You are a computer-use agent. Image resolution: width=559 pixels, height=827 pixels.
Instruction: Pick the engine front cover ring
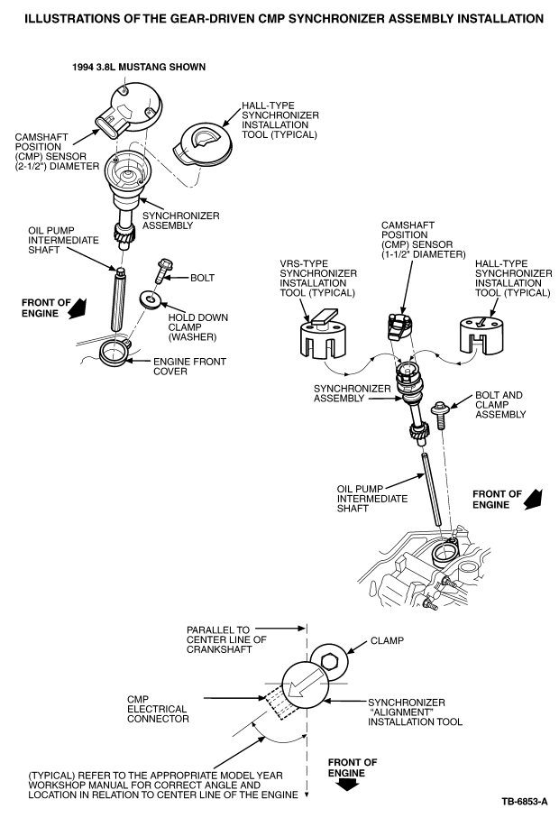coord(115,352)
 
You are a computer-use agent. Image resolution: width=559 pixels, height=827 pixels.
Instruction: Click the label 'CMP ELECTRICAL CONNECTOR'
coord(158,707)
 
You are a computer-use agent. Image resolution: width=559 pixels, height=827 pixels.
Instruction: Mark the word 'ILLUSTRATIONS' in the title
coord(72,18)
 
